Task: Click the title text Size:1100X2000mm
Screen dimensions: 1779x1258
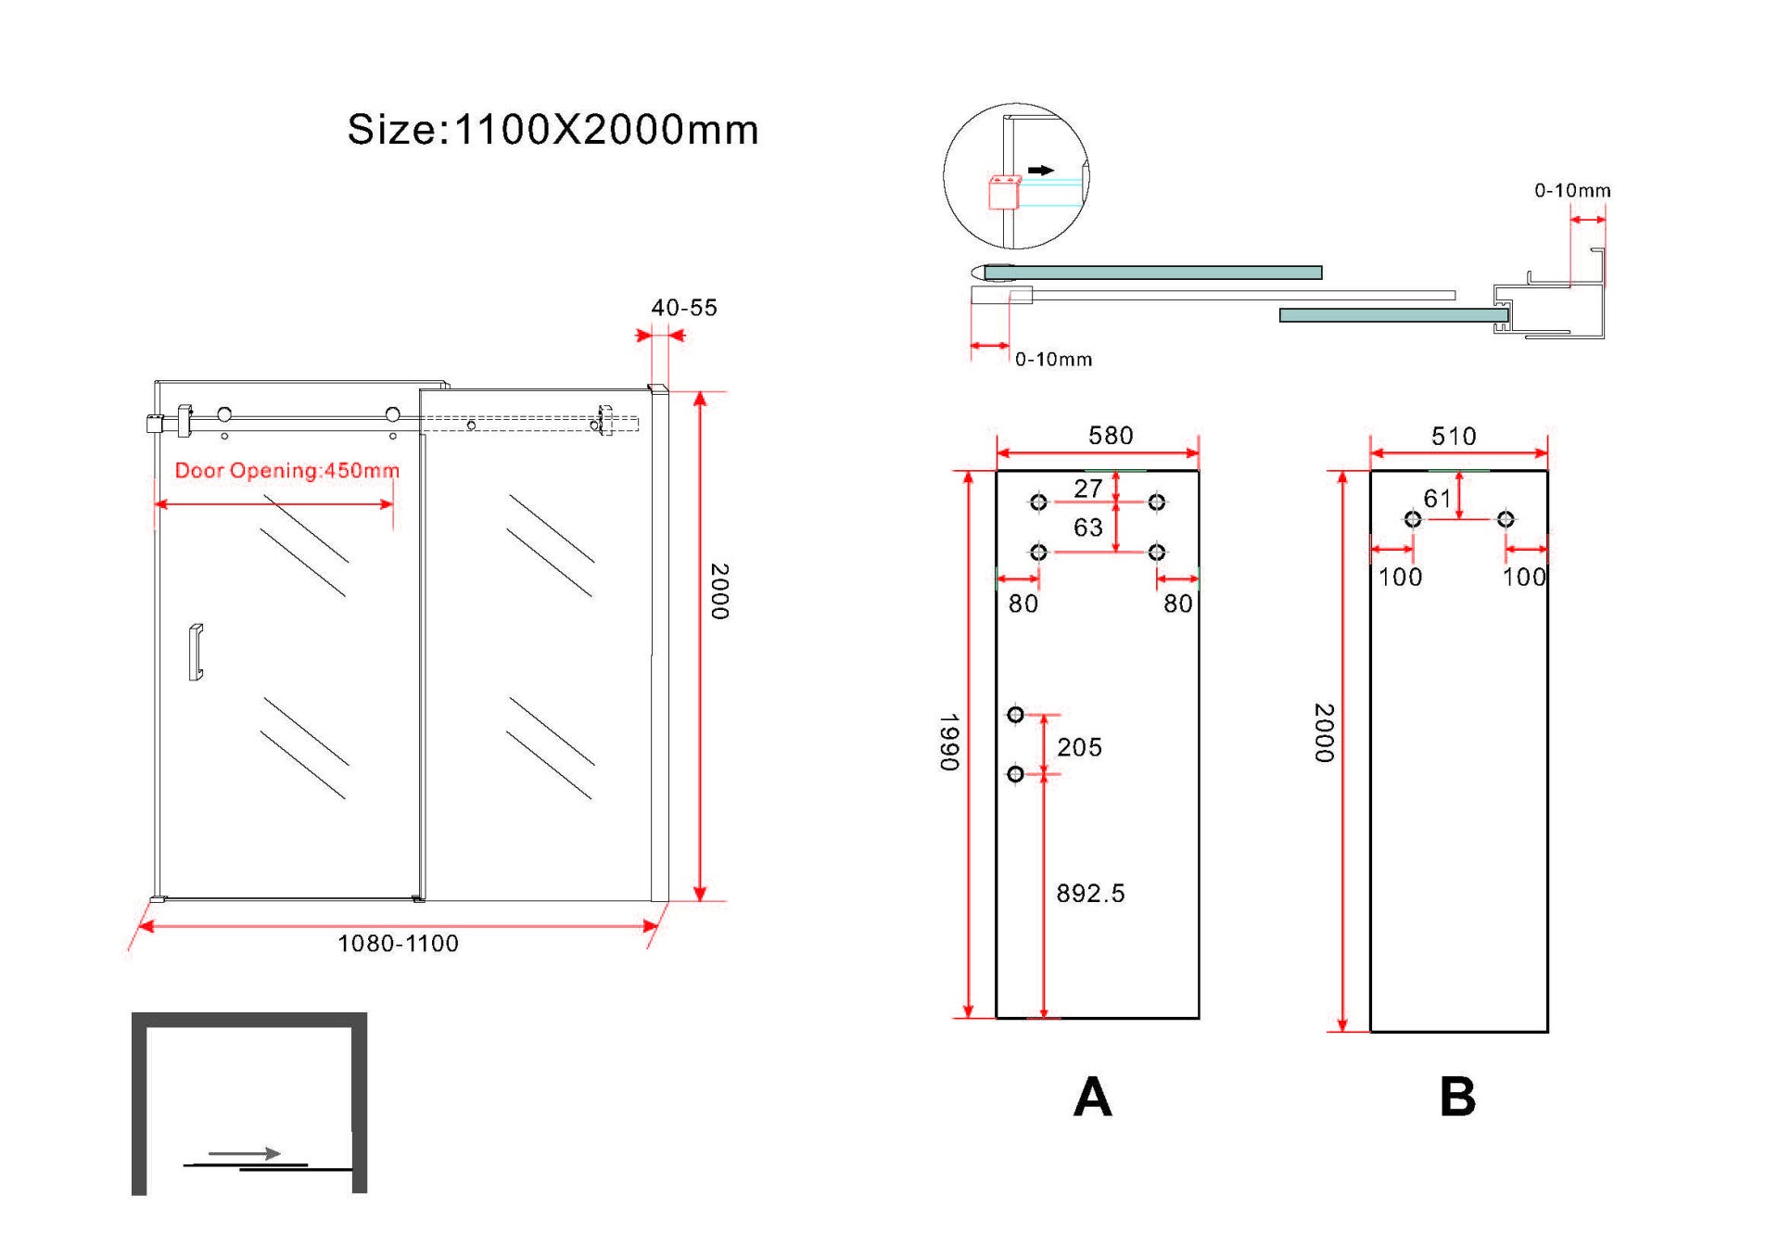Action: click(x=553, y=130)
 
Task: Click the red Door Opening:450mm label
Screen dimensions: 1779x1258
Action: click(x=287, y=470)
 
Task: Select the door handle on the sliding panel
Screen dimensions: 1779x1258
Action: click(x=196, y=653)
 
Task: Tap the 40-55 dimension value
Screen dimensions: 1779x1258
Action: click(x=684, y=308)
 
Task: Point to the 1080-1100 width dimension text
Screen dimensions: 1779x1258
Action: click(x=398, y=944)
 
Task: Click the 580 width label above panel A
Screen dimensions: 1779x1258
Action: click(x=1111, y=436)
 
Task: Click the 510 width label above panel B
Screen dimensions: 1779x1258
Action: click(x=1454, y=437)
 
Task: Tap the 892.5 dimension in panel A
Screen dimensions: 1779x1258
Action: click(x=1090, y=894)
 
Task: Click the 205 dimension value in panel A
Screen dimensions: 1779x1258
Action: click(x=1079, y=747)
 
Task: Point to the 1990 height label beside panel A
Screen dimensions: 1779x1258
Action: click(x=949, y=743)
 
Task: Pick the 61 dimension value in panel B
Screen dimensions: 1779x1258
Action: click(x=1437, y=499)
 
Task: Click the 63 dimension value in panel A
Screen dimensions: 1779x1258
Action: click(x=1088, y=527)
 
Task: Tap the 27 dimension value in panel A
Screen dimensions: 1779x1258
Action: click(x=1088, y=489)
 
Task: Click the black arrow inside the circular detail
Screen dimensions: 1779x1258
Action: click(x=1041, y=171)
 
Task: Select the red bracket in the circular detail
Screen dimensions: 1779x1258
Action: click(x=1005, y=192)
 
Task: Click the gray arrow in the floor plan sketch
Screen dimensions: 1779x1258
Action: click(x=245, y=1153)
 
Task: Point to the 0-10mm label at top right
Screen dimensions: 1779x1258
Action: click(x=1572, y=191)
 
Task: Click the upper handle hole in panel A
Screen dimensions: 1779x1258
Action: click(x=1016, y=715)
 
